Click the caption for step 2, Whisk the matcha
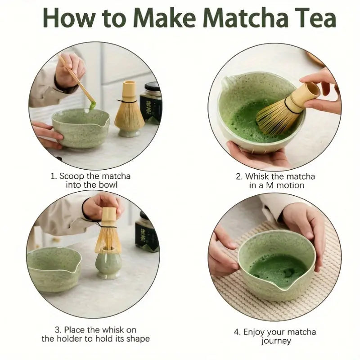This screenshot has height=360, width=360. point(276,180)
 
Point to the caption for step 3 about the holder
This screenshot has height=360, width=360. point(95,334)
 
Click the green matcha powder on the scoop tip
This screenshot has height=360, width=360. point(93,106)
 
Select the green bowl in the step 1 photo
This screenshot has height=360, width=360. point(80,128)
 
